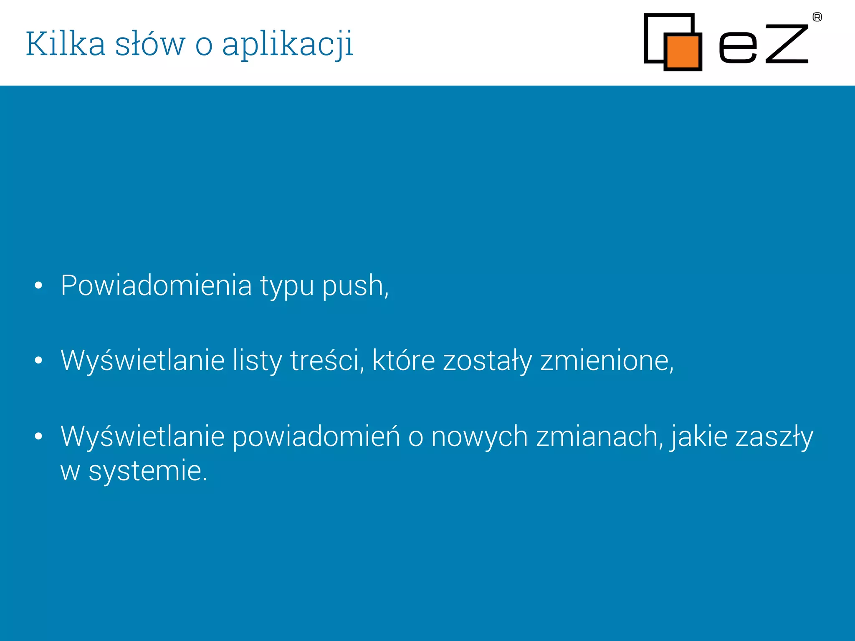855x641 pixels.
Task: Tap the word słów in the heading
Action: (150, 43)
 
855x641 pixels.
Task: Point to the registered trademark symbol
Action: (817, 17)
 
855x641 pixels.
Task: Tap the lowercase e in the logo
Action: (738, 48)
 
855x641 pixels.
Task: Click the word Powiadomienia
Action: (156, 286)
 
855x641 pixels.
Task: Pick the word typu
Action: (287, 288)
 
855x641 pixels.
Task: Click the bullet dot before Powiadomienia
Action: (38, 285)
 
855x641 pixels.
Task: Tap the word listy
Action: (257, 361)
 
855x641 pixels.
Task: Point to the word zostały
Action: (487, 361)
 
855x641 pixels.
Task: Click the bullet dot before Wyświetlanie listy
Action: (38, 360)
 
